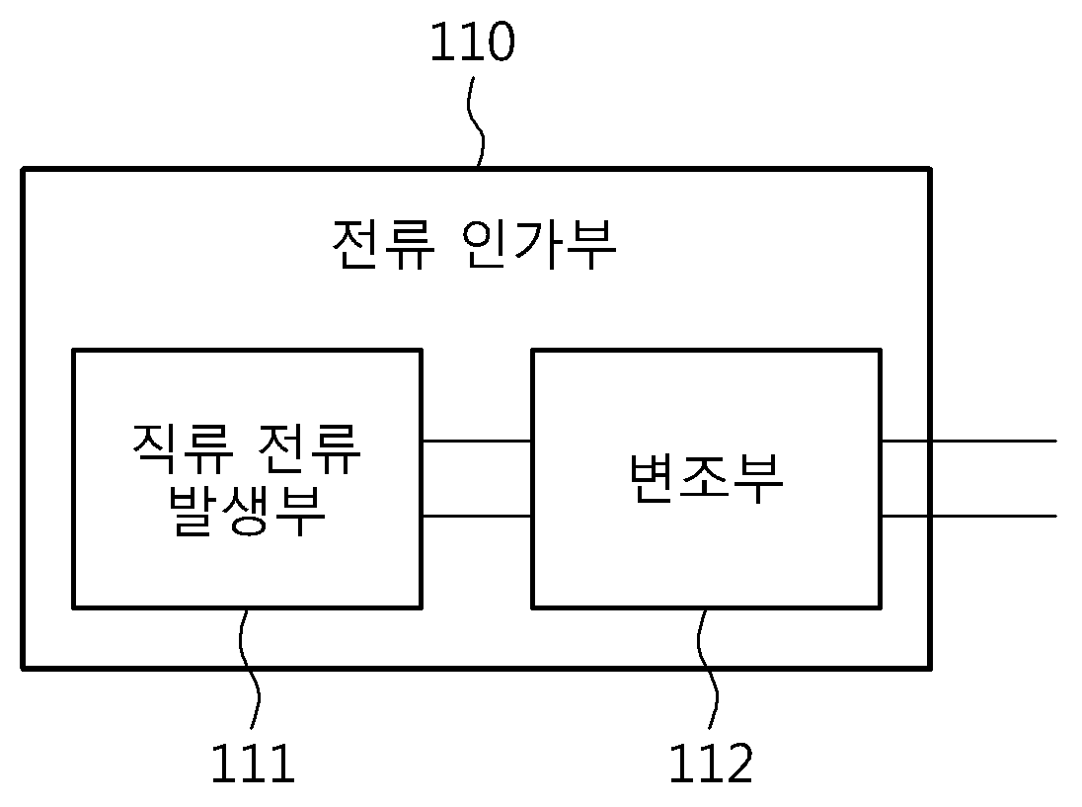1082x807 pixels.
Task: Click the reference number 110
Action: coord(473,42)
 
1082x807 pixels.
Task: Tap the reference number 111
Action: coord(254,764)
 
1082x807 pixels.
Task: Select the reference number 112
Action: coord(712,764)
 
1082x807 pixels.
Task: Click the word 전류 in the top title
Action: coord(384,245)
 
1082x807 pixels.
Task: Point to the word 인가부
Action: coord(538,245)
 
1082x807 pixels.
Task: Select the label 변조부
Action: coord(707,479)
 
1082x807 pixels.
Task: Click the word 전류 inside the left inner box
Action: coord(308,447)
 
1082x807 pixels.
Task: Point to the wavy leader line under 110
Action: coord(476,121)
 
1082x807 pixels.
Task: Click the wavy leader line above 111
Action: coord(249,669)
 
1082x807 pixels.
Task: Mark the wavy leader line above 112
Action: coord(708,669)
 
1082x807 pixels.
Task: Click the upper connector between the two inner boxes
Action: coord(477,441)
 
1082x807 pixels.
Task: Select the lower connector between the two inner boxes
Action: coord(477,516)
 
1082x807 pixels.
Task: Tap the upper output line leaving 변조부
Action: coord(968,441)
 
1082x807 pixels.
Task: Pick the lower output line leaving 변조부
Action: coord(968,516)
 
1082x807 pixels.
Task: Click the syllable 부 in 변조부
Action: coord(759,479)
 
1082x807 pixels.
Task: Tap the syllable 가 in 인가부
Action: coord(538,245)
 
